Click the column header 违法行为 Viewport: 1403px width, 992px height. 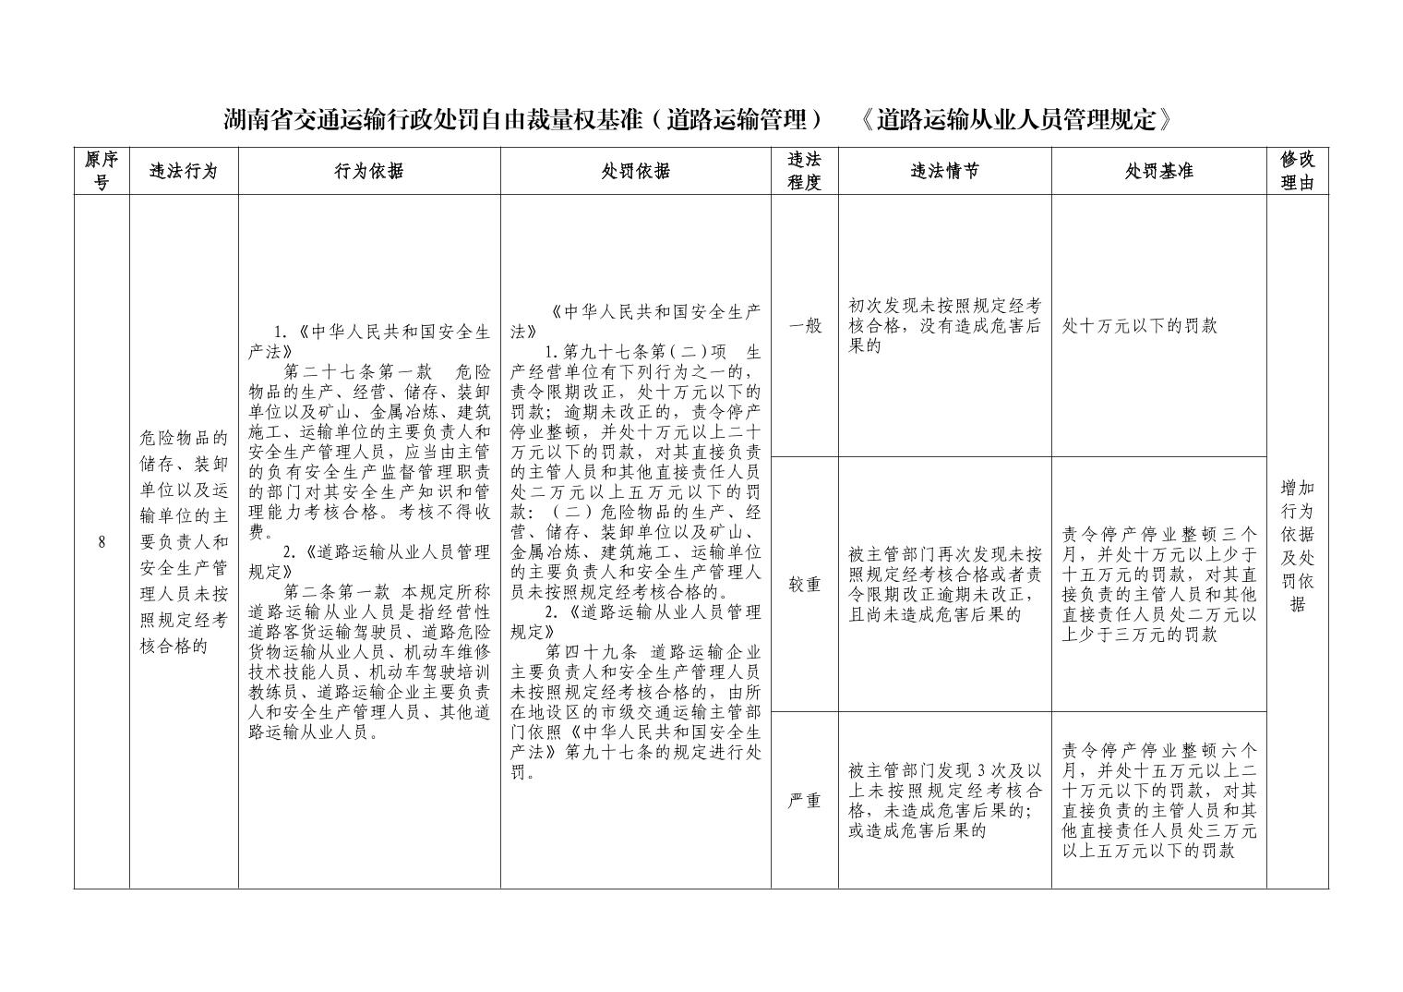[184, 171]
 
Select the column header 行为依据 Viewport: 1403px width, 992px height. [369, 171]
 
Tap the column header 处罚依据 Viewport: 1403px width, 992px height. [636, 171]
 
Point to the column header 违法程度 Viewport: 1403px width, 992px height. [804, 171]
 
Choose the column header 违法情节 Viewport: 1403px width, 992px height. [944, 171]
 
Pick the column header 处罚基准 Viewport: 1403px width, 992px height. [1158, 171]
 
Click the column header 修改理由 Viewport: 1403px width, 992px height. [1297, 171]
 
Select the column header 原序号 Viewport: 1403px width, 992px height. [102, 171]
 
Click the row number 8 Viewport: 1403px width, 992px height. [102, 542]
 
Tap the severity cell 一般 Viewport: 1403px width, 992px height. [804, 326]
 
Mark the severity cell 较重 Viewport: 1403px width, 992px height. [804, 585]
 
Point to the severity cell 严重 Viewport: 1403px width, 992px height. [804, 801]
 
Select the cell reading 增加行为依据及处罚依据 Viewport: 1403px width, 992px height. [1297, 546]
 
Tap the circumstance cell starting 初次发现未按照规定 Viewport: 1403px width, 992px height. [944, 325]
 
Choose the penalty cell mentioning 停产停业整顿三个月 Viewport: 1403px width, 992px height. [1158, 585]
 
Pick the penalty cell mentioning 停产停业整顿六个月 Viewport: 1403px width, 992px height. [1158, 801]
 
